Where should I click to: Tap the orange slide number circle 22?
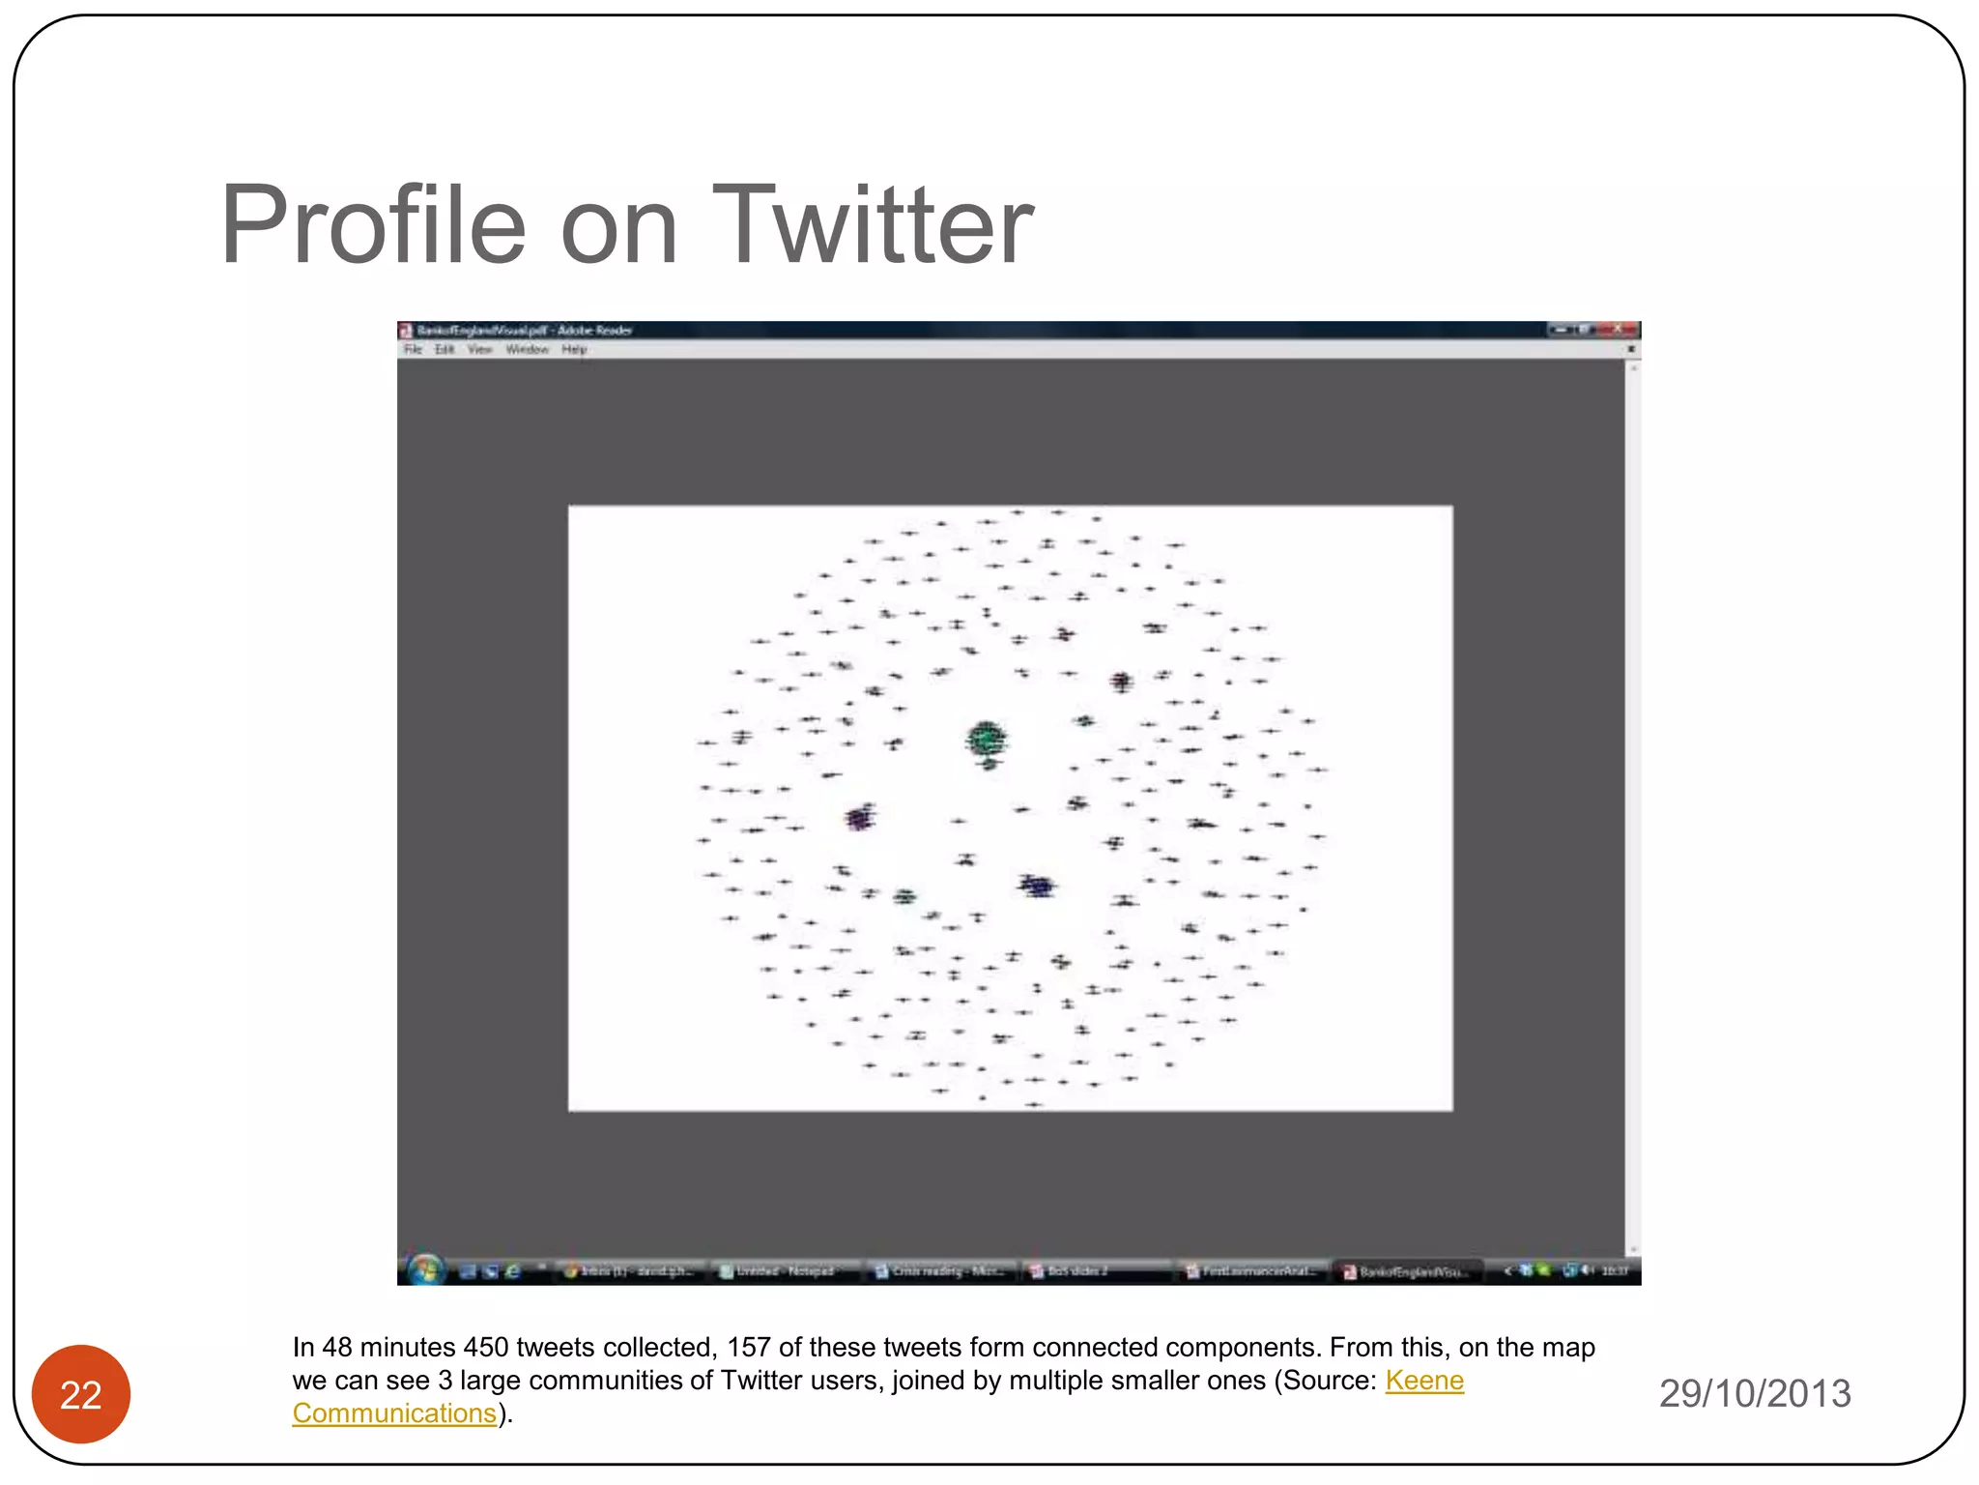coord(81,1394)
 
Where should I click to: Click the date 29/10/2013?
coord(1755,1393)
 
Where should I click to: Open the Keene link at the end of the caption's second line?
coord(1424,1381)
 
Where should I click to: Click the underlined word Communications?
coord(394,1413)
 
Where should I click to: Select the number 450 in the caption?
coord(486,1348)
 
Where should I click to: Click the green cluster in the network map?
coord(986,740)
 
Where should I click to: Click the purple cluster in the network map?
coord(859,819)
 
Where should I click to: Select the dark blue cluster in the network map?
coord(1038,886)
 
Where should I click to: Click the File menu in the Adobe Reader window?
coord(413,350)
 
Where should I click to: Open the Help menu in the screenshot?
coord(574,350)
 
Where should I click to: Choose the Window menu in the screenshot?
coord(527,350)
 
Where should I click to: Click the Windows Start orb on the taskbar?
coord(425,1269)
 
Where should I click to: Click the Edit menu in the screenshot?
coord(445,350)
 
